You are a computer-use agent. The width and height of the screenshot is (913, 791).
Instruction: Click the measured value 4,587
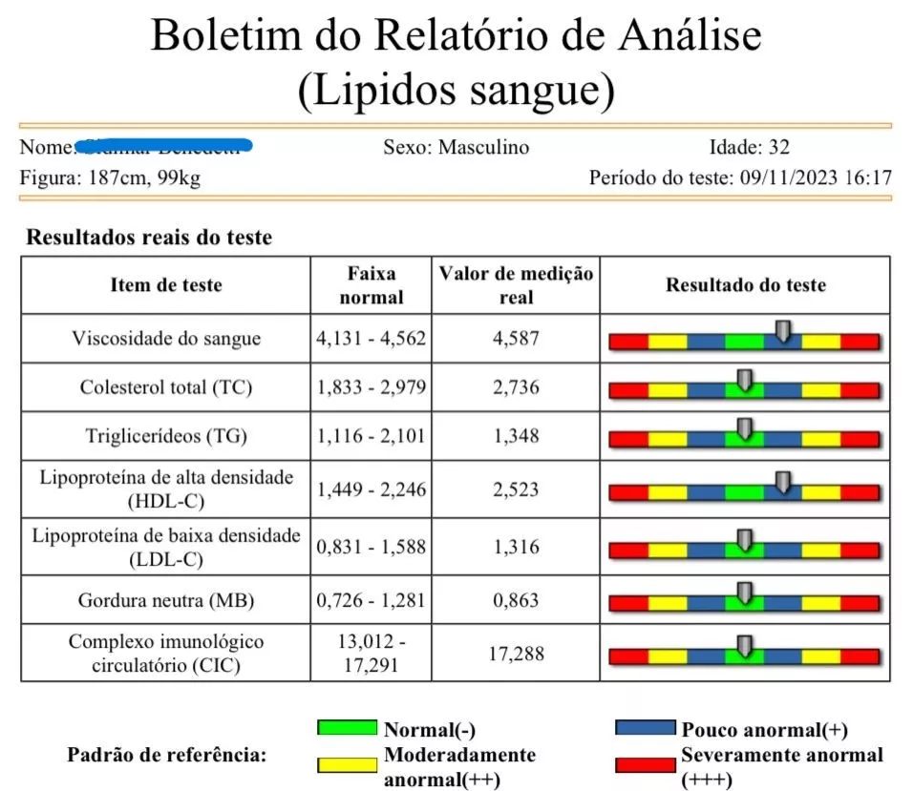(x=517, y=339)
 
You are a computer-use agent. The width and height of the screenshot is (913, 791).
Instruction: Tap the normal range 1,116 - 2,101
(x=372, y=436)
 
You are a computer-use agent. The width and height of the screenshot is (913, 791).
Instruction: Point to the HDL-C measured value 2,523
(x=517, y=489)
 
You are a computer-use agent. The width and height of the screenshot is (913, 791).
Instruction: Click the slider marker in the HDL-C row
(x=783, y=482)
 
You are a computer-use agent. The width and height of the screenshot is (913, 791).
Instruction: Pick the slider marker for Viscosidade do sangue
(x=783, y=331)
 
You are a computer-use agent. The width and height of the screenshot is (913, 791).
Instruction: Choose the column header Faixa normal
(x=372, y=285)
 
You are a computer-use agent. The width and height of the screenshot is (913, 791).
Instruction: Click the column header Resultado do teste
(x=745, y=285)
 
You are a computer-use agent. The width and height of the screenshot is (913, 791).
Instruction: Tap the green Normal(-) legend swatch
(x=348, y=728)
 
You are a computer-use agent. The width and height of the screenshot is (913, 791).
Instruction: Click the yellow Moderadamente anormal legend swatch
(x=348, y=763)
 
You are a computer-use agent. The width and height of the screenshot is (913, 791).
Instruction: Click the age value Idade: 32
(x=749, y=148)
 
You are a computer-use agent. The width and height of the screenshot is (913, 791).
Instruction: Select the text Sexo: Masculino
(x=456, y=148)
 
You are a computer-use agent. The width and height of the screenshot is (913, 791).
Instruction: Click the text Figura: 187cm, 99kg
(x=110, y=177)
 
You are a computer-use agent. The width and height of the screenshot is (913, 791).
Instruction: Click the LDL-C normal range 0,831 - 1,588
(x=372, y=547)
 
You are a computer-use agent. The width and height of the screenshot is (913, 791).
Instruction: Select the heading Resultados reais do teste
(x=149, y=238)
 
